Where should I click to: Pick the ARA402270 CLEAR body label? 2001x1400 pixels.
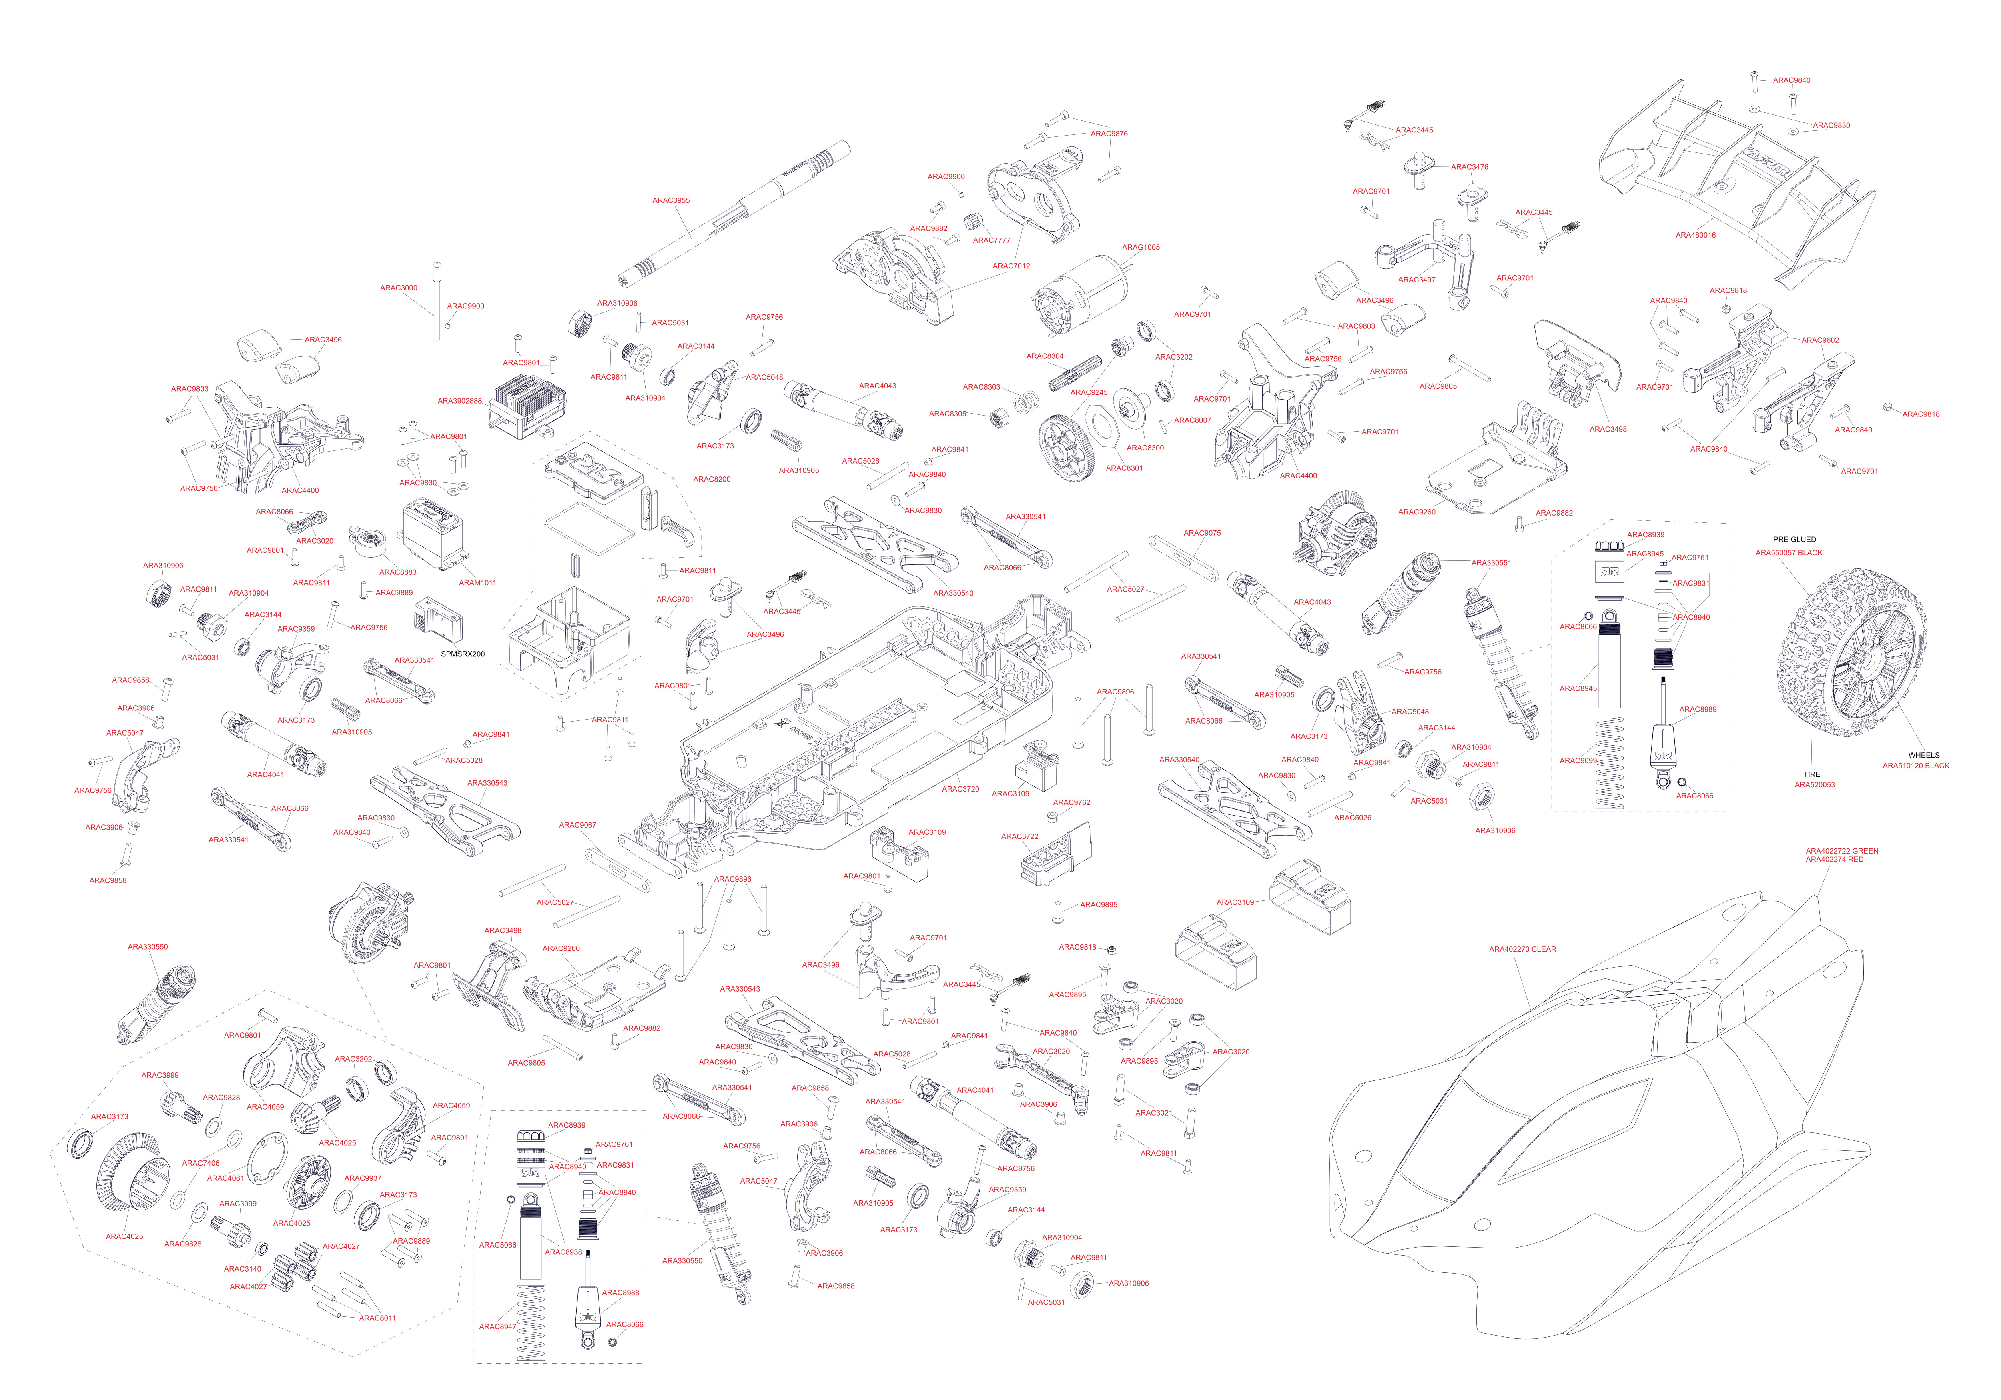click(x=1522, y=950)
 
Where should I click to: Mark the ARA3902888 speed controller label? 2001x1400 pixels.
click(x=459, y=402)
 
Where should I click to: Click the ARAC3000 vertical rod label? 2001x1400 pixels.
click(x=398, y=288)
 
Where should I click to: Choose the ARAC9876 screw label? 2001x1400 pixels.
click(x=1109, y=134)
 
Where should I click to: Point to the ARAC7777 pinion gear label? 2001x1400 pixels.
click(x=992, y=240)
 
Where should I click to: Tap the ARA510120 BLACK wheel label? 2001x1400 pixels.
click(x=1916, y=766)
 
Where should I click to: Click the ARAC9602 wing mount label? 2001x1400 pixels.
click(x=1820, y=341)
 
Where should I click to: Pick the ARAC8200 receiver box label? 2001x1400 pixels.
click(x=711, y=479)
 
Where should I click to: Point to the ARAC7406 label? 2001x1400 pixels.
click(x=201, y=1163)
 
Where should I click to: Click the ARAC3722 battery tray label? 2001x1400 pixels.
click(x=1019, y=836)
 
